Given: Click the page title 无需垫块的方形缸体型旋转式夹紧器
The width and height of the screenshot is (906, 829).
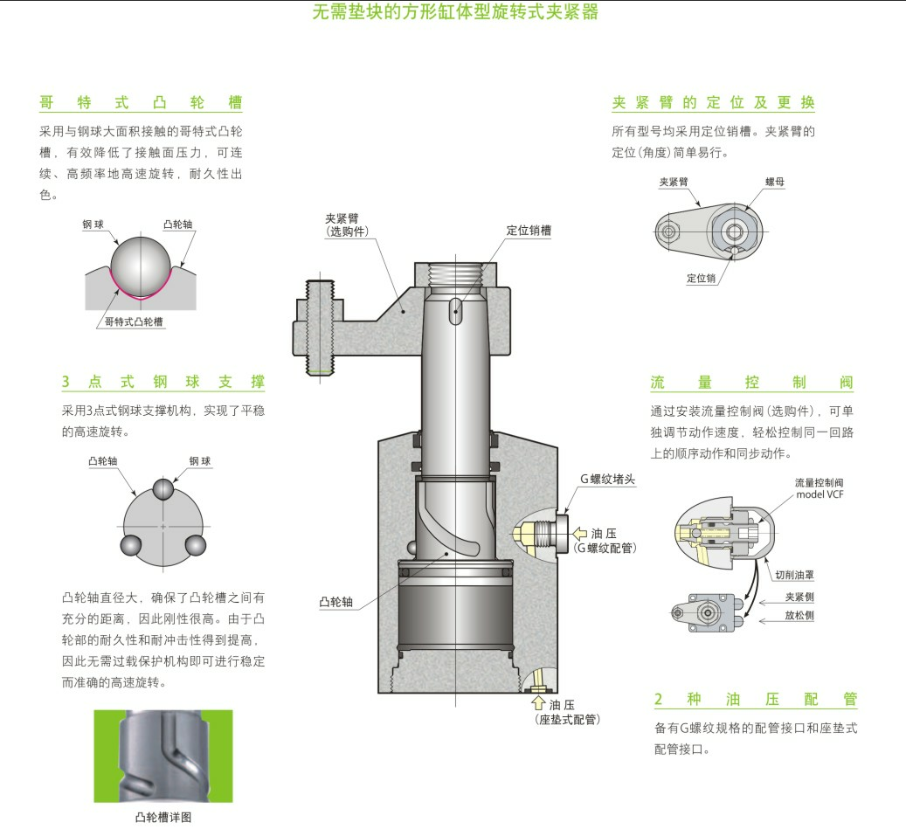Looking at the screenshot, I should (455, 13).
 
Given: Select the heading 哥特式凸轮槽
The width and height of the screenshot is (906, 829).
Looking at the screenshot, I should (141, 103).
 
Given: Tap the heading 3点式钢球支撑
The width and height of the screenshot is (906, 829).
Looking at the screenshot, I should (163, 382).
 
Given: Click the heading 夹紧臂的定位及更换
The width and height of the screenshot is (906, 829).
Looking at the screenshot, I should (713, 102).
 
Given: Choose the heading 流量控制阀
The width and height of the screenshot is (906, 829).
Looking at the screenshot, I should (751, 383).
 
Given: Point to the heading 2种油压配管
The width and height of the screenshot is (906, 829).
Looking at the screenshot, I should (756, 700).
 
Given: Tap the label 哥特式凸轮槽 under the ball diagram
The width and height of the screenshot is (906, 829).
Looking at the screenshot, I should (134, 321).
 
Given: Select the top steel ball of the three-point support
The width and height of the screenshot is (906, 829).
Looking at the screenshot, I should (163, 489).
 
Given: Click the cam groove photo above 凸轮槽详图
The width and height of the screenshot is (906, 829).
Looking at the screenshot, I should (163, 756).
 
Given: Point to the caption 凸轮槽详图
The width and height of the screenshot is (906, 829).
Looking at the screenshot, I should (163, 818).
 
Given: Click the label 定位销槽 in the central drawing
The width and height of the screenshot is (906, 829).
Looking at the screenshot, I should (529, 231).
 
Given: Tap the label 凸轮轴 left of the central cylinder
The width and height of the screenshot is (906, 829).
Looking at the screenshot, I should (336, 602).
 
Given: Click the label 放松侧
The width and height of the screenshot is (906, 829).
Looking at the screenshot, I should (799, 616).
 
